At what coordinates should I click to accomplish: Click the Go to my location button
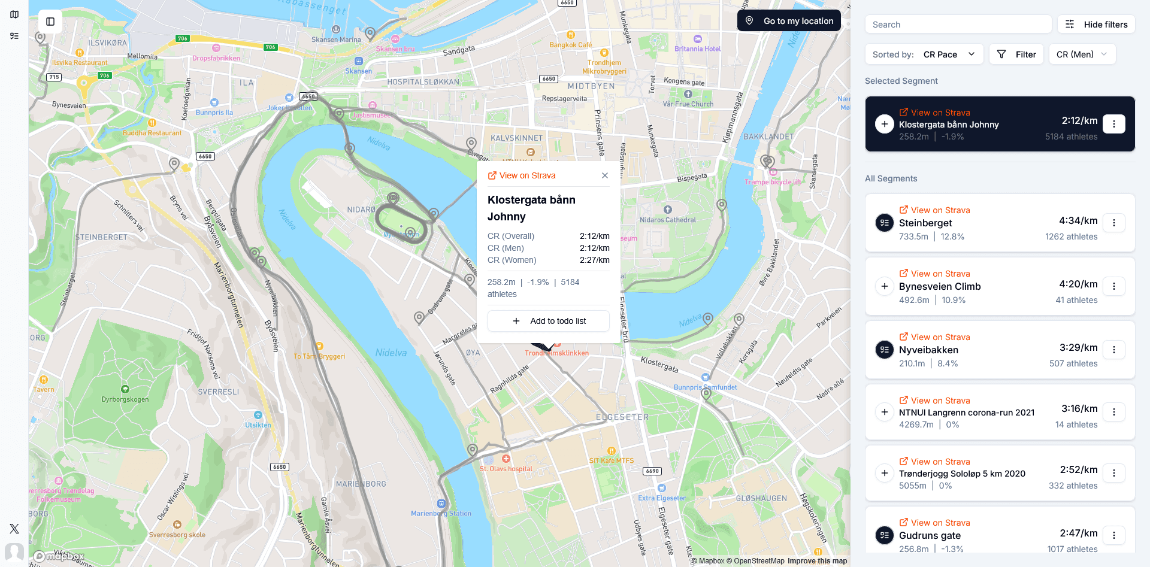789,21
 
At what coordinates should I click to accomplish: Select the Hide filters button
1096,25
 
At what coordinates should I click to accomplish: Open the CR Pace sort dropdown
949,54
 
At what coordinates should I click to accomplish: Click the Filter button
1016,54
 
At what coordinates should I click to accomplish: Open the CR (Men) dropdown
1082,54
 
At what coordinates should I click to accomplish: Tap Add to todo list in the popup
549,321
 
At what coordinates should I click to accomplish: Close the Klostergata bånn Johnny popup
605,175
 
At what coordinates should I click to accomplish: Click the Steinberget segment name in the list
925,223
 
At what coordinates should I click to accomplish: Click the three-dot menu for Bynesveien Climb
1114,286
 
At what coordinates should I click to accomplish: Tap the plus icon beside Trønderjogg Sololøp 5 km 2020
885,473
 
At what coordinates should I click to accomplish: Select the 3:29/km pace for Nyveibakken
1078,347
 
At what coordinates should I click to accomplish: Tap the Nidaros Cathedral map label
668,220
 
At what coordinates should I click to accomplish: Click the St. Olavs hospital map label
506,468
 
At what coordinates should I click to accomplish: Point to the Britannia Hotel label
698,48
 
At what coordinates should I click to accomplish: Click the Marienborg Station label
441,513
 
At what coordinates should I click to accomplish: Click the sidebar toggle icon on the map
50,22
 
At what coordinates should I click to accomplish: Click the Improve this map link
817,561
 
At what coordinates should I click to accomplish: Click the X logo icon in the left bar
14,529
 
